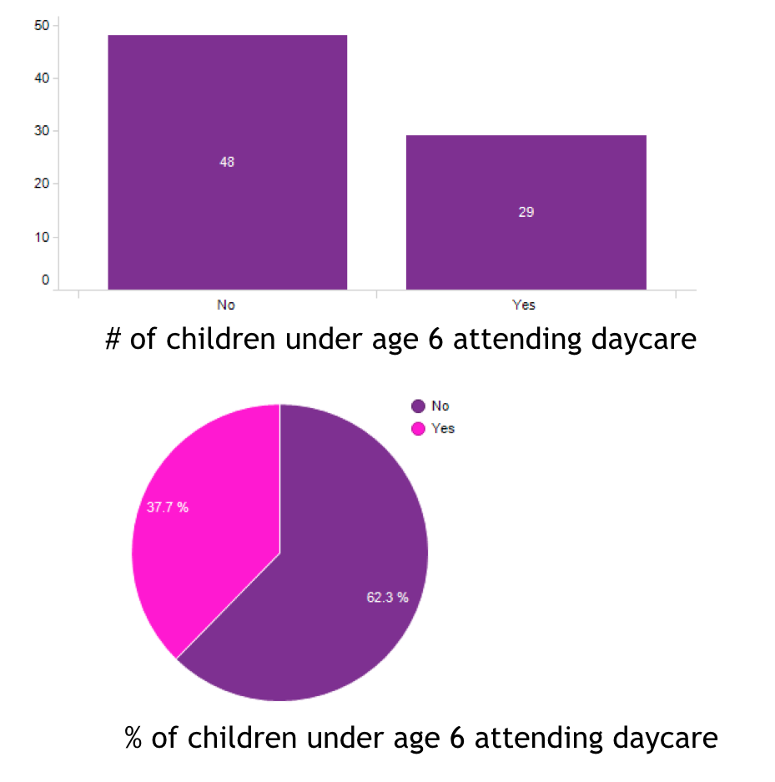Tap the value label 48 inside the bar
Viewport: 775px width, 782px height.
(227, 162)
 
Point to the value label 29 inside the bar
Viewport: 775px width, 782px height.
(526, 212)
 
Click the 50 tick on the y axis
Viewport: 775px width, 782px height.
(41, 25)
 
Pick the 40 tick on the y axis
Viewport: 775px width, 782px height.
(41, 78)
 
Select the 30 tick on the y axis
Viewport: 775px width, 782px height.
(41, 131)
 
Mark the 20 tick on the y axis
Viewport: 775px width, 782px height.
(41, 184)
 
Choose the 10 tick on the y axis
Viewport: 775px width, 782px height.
(41, 237)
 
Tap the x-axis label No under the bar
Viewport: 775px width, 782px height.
(226, 305)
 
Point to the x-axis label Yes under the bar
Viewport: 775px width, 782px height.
(524, 305)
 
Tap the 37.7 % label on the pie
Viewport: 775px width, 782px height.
(168, 507)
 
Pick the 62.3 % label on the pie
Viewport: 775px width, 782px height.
(387, 598)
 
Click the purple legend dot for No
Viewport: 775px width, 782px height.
(418, 406)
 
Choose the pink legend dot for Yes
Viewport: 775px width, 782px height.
(418, 429)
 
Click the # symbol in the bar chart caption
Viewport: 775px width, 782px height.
(114, 341)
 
